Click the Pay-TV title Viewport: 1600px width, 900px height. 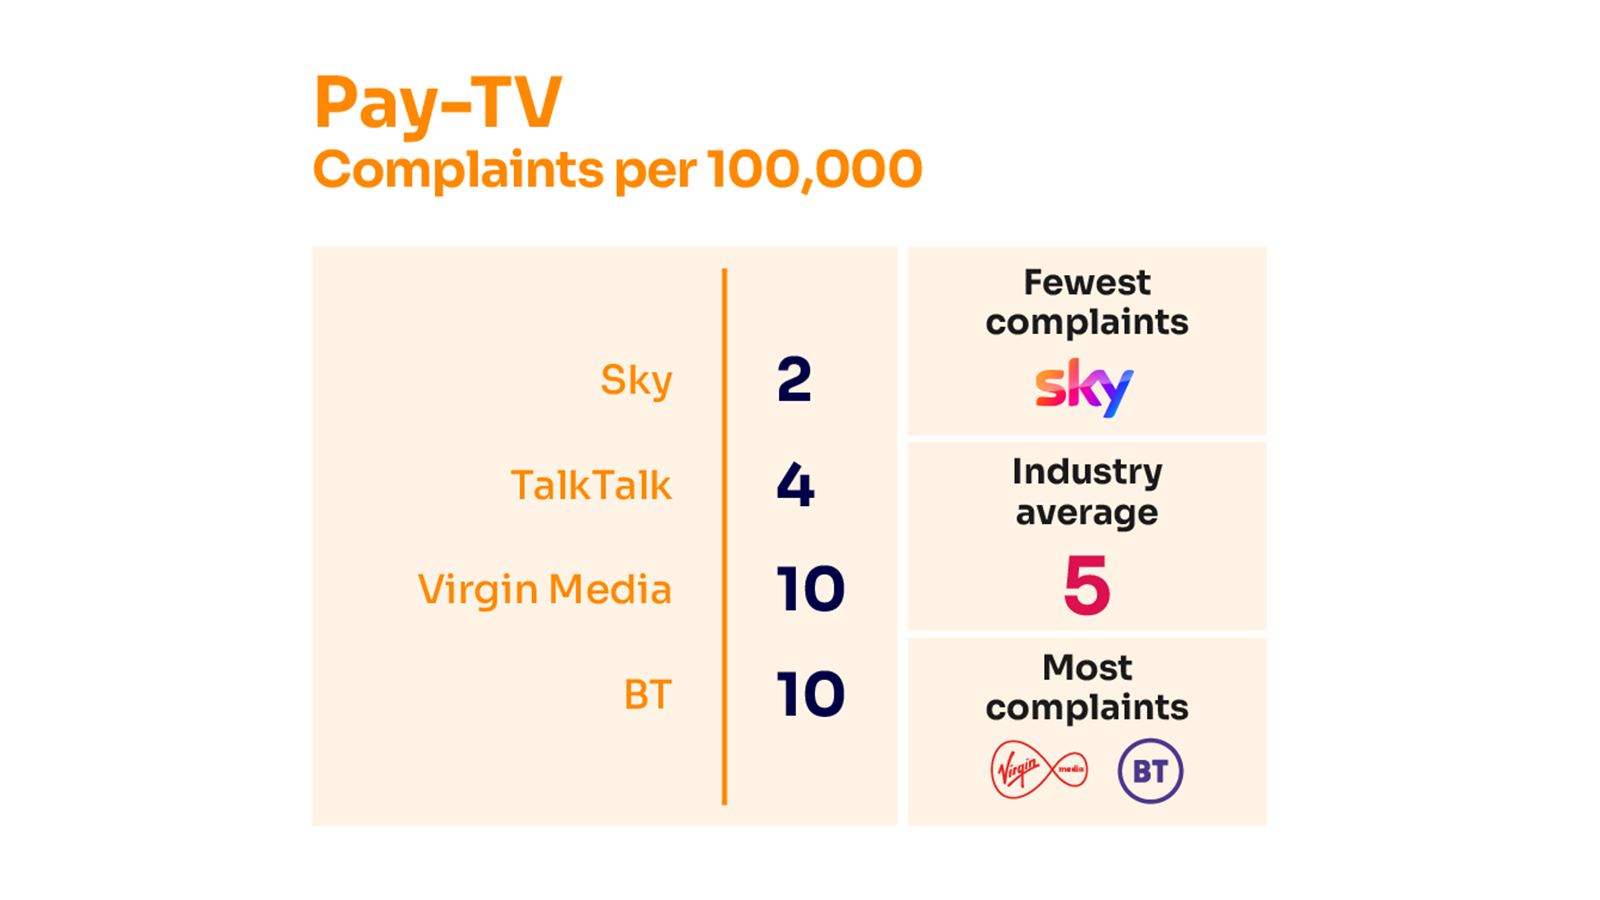(x=438, y=103)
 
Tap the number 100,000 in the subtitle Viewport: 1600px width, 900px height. (x=814, y=169)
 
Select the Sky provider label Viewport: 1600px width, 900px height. (x=636, y=381)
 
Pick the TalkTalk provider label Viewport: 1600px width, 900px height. (x=591, y=486)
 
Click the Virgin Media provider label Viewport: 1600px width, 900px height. (x=545, y=590)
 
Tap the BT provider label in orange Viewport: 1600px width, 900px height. (x=647, y=695)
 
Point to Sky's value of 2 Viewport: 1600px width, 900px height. (x=794, y=380)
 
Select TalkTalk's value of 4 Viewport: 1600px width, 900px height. (x=795, y=486)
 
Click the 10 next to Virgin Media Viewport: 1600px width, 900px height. (x=810, y=590)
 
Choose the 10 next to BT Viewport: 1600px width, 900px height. (x=810, y=695)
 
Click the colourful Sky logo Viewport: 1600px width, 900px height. (x=1084, y=387)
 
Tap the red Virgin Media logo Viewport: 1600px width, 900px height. (x=1038, y=770)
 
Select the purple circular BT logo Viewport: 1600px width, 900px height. (x=1150, y=771)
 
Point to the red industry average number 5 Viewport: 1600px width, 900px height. (x=1087, y=586)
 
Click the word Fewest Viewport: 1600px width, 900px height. (x=1087, y=283)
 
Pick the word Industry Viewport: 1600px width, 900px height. (x=1087, y=471)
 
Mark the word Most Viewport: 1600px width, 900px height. (x=1087, y=667)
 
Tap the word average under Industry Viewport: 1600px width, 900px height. (x=1087, y=513)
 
